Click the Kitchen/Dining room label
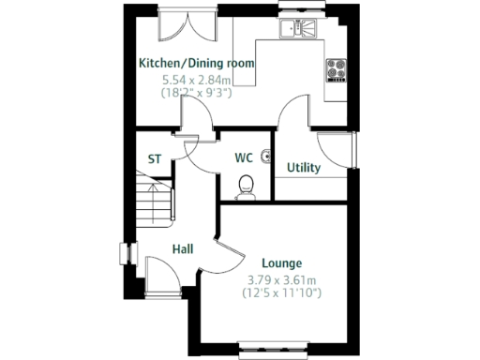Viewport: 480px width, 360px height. click(196, 63)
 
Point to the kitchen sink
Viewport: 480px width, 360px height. click(301, 29)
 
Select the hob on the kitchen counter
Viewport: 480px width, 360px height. click(336, 69)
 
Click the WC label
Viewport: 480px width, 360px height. click(244, 157)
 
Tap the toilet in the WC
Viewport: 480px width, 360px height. click(247, 187)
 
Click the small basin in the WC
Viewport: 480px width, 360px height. click(267, 156)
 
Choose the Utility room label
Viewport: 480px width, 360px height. click(304, 169)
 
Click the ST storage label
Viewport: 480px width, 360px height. click(155, 159)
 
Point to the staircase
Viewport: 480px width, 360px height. click(152, 202)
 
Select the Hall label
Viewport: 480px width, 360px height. click(183, 249)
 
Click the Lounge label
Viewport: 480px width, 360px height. click(281, 263)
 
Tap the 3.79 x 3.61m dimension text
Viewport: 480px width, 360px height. click(281, 279)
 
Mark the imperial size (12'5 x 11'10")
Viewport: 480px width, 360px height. click(281, 293)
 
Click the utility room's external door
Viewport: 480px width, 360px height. click(337, 150)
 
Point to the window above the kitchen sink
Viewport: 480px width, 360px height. click(301, 9)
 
